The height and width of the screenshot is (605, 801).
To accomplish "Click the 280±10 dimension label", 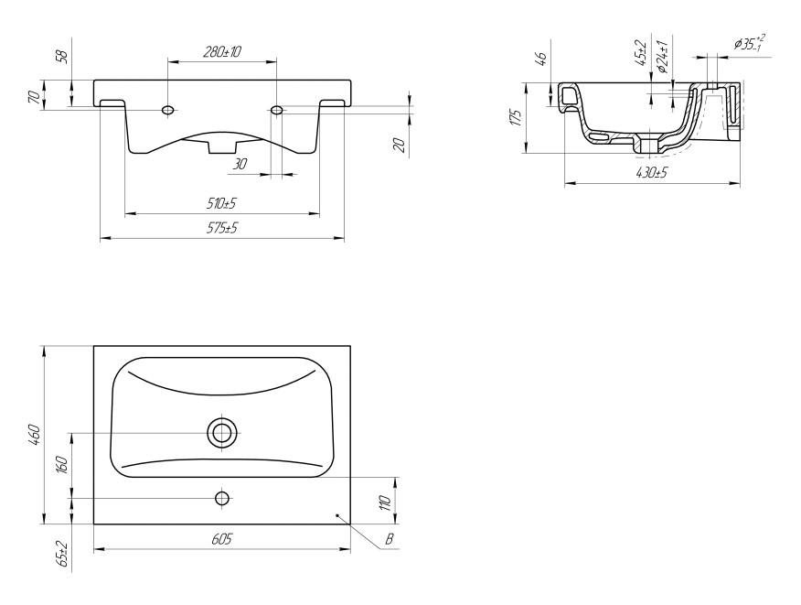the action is tap(222, 51).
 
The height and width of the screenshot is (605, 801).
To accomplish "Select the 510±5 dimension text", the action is tap(221, 203).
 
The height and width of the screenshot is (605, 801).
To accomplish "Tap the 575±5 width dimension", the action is tap(222, 228).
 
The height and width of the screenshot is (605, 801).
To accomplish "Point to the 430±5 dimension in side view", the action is tap(652, 173).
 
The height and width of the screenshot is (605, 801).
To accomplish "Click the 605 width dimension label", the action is tap(221, 539).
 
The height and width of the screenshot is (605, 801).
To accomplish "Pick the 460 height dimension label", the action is tap(33, 434).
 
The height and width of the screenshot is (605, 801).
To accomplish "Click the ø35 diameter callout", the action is tap(750, 43).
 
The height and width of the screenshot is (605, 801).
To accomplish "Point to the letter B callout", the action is tap(390, 539).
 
